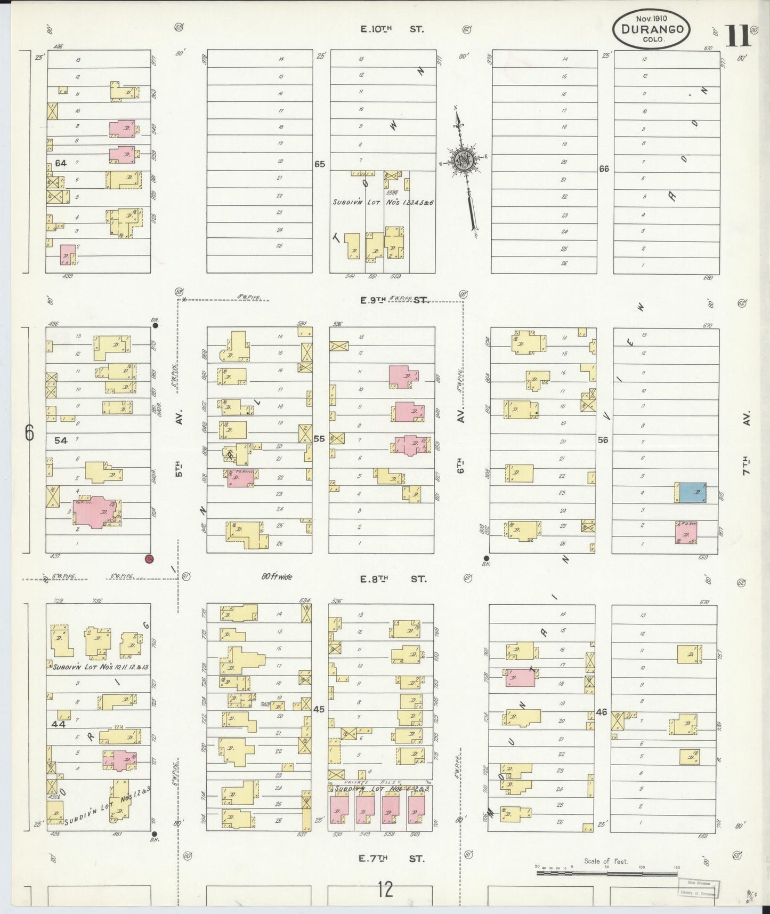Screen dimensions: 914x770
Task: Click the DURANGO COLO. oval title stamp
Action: pyautogui.click(x=652, y=30)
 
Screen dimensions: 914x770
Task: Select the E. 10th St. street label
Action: pyautogui.click(x=392, y=29)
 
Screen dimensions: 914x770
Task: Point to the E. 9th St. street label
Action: pyautogui.click(x=394, y=300)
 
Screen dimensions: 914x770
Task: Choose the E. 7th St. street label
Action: pyautogui.click(x=392, y=859)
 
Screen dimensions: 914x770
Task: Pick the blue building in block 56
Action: pyautogui.click(x=691, y=493)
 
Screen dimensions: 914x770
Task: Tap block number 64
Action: pyautogui.click(x=60, y=163)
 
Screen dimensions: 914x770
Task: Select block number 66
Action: pyautogui.click(x=604, y=169)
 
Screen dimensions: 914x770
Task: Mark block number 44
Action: pyautogui.click(x=58, y=724)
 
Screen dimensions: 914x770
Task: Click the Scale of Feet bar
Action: pyautogui.click(x=607, y=873)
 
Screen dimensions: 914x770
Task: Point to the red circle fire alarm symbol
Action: pyautogui.click(x=149, y=558)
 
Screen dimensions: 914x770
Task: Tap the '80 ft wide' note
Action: pyautogui.click(x=277, y=576)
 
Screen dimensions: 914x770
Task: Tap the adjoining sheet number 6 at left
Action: pyautogui.click(x=29, y=433)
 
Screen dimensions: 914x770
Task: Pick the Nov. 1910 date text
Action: pyautogui.click(x=651, y=17)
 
